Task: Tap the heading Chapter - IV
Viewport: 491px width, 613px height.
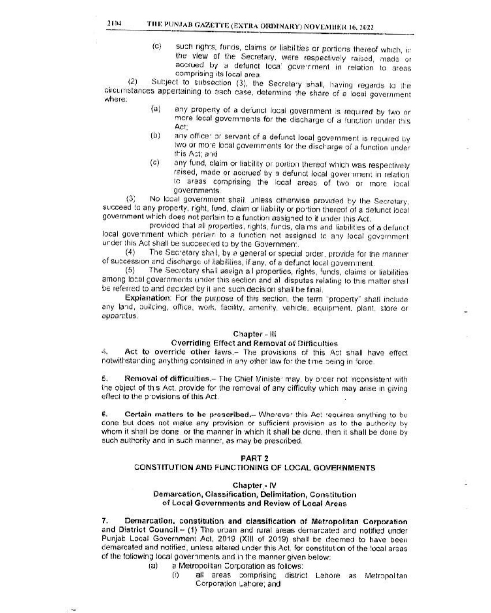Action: coord(255,485)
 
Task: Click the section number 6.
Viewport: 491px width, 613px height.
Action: coord(104,415)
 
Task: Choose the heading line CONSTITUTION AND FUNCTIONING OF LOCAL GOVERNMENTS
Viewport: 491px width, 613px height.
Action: coord(255,468)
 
